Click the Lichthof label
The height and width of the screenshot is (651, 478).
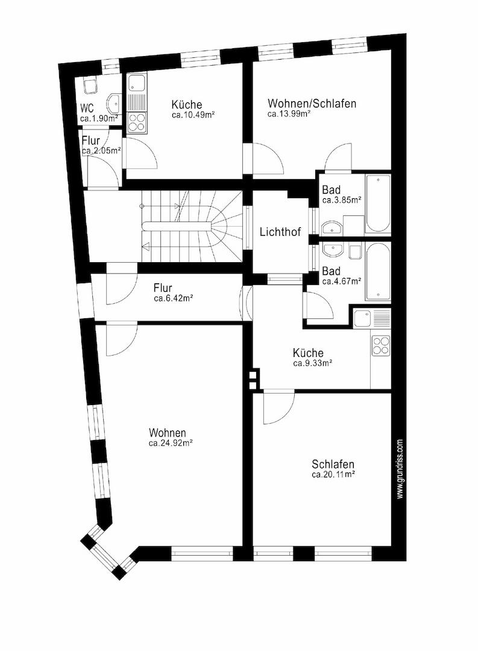tap(280, 232)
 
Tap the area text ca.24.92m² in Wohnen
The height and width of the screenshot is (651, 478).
tap(171, 443)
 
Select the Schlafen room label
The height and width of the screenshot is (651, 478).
tap(333, 465)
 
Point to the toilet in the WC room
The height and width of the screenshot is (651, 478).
tap(91, 87)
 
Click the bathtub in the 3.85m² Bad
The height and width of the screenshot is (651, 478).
tap(378, 204)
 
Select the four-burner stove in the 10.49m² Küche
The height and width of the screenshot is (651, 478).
tap(137, 122)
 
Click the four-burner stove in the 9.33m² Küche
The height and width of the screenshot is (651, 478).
tap(381, 345)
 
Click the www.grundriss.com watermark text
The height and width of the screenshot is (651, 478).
tap(400, 469)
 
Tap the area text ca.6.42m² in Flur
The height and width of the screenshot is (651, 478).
tap(173, 298)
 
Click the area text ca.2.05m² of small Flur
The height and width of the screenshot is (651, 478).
tap(101, 151)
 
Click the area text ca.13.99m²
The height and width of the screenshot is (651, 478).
tap(289, 113)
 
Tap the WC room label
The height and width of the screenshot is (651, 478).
tap(87, 109)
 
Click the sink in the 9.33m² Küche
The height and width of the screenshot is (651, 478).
tap(363, 318)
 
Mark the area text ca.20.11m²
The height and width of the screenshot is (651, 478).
tap(333, 475)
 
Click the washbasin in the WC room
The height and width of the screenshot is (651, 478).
tap(115, 103)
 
